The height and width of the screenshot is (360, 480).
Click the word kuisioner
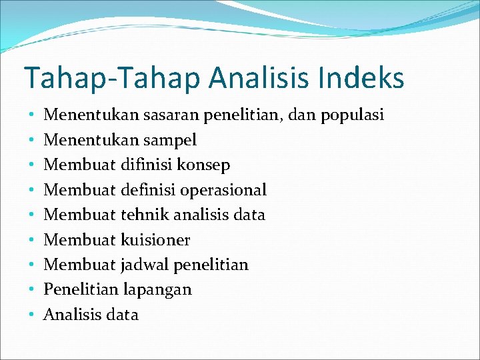(x=155, y=240)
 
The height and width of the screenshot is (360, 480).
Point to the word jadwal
(x=145, y=265)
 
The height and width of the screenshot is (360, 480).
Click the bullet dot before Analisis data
(x=31, y=315)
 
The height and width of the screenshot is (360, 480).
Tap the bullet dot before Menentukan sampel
(x=31, y=141)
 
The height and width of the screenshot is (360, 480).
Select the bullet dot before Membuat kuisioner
(x=31, y=240)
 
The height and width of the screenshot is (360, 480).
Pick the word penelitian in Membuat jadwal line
(x=211, y=265)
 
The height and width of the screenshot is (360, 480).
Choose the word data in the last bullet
(x=122, y=315)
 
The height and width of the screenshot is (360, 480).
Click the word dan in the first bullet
(x=304, y=115)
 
